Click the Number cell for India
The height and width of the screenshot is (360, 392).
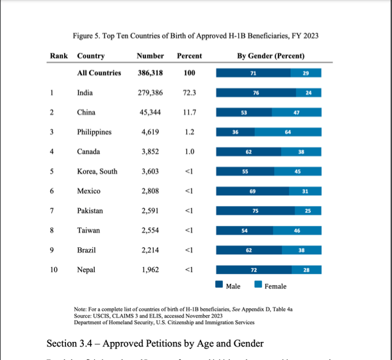(x=151, y=93)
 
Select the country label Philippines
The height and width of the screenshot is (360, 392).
(x=94, y=132)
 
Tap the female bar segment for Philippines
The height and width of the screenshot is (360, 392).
(x=288, y=133)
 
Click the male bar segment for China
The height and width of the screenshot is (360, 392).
(x=243, y=113)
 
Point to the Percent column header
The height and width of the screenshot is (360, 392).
(x=189, y=56)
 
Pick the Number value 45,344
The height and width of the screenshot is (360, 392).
(x=151, y=113)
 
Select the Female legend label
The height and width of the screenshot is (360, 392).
(x=275, y=286)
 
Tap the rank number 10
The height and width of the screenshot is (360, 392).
(x=54, y=270)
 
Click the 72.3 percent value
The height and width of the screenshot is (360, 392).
(x=189, y=93)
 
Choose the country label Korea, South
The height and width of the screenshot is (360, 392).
(x=97, y=172)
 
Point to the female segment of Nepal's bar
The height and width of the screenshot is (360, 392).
(x=306, y=270)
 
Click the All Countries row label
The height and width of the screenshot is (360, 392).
(x=99, y=73)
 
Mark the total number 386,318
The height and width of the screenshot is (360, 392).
(x=151, y=73)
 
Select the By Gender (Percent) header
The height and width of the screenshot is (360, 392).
(x=270, y=56)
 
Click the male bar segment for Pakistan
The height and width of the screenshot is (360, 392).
(x=255, y=211)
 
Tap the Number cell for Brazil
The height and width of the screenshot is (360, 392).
(x=151, y=250)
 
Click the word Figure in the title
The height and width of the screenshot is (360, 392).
(x=84, y=36)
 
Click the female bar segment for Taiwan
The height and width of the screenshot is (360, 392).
(x=297, y=231)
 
